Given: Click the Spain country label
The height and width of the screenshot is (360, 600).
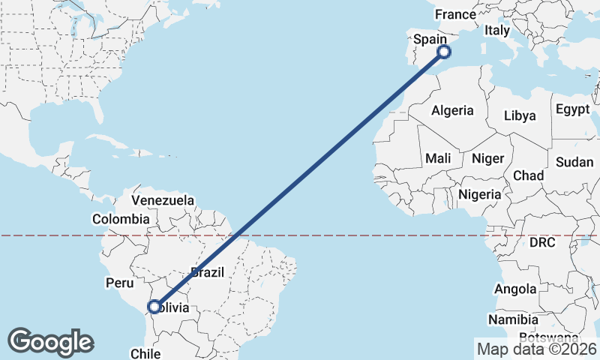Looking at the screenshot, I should pos(430,38).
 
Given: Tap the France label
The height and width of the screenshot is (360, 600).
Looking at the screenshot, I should pos(455,14).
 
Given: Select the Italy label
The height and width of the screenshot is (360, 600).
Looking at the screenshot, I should pos(496,31).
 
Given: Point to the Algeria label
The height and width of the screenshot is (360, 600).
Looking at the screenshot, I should pos(452,110).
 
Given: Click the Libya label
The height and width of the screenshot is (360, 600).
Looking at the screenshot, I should pos(520,115).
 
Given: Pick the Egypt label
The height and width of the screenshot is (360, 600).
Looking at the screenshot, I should pos(573,109).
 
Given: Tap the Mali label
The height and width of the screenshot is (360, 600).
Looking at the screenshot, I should pos(438,158).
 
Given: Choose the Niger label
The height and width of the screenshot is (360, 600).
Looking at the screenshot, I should pos(487,158).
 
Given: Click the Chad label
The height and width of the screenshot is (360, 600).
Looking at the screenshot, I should pos(528,175).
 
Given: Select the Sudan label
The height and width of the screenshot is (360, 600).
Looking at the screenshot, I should pos(574,162).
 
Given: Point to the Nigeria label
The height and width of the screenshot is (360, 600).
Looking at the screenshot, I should pos(479,194).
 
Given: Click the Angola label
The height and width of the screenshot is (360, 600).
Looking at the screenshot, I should pos(515,289).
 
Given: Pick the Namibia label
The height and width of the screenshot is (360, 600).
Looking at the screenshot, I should pos(513,320).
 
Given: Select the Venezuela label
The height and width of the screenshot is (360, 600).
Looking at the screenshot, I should pos(163,200).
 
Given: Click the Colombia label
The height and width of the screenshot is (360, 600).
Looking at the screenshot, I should pos(121,219).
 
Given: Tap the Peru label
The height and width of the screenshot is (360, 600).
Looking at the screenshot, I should pos(118,283).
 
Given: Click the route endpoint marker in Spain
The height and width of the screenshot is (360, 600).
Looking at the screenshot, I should pos(444,51).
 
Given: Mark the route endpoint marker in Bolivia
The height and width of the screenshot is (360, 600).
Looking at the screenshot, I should pos(154,307).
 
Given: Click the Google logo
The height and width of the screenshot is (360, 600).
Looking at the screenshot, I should pos(50,341).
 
